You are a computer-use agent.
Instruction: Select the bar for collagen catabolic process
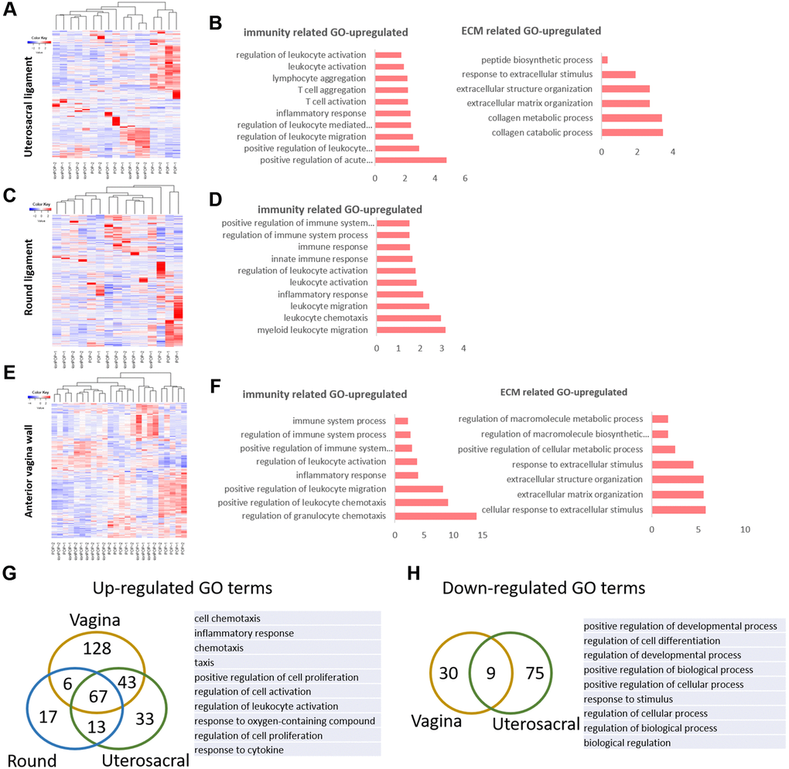click(x=632, y=133)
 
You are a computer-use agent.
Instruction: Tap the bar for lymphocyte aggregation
click(x=391, y=78)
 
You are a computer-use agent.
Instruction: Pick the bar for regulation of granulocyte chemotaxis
click(x=435, y=516)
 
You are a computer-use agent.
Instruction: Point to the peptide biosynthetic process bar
click(x=605, y=60)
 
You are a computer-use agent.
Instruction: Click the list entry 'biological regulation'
click(x=628, y=743)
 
